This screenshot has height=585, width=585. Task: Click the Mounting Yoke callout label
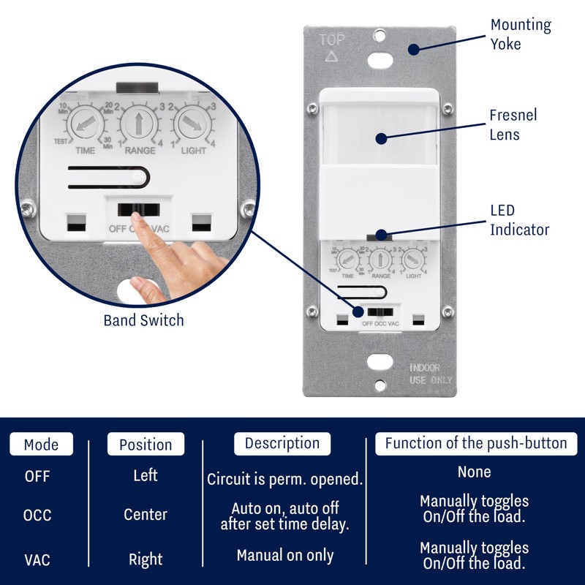520,34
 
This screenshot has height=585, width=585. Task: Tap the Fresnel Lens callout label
513,124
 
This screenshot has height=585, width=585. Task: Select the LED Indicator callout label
519,220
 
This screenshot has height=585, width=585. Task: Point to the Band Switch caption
143,320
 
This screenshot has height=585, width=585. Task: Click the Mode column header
41,445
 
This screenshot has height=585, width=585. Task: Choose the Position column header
146,445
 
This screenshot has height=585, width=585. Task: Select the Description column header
282,443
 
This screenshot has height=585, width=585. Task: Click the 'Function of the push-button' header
475,443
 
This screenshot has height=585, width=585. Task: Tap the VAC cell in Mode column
37,560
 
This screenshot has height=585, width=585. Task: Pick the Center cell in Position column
146,515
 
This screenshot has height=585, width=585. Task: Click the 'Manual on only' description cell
284,556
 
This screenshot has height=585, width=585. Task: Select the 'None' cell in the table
474,472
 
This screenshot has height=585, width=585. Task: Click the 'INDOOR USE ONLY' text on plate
431,374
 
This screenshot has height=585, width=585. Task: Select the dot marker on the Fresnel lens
380,137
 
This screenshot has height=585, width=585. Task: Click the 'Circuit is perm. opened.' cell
284,480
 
